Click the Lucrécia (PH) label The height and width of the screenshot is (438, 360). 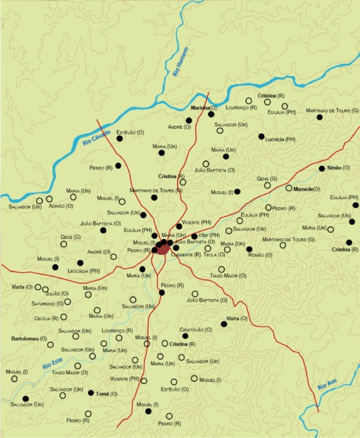(280, 139)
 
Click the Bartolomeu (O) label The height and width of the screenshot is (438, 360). (28, 339)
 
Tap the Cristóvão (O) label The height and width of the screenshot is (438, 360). (196, 330)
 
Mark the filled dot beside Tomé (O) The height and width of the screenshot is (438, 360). (91, 393)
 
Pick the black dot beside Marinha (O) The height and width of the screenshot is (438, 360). (211, 114)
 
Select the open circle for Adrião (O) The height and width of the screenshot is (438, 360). (49, 199)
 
